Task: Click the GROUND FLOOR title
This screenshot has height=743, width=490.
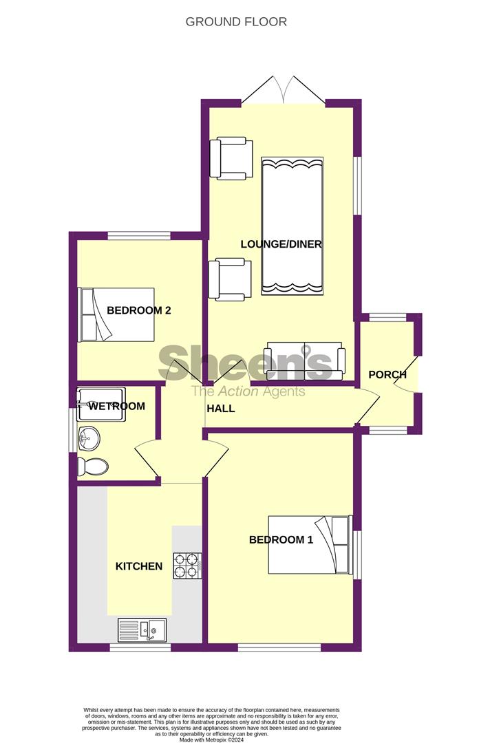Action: tap(236, 22)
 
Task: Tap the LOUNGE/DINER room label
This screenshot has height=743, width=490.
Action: tap(281, 244)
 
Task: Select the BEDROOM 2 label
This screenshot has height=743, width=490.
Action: tap(138, 310)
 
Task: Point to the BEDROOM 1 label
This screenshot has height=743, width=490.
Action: tap(281, 540)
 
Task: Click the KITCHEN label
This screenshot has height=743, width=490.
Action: tap(138, 566)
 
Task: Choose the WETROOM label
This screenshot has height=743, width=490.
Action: tap(117, 407)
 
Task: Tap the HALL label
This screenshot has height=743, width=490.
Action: tap(220, 409)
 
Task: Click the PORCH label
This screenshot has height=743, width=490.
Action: tap(387, 375)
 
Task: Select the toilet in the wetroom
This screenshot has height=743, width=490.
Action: tap(92, 467)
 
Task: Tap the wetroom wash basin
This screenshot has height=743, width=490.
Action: tap(89, 436)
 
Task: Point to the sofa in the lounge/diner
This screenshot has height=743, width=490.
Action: tap(304, 360)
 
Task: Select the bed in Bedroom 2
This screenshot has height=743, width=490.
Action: tap(116, 314)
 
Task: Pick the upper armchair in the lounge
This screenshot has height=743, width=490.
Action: tap(231, 159)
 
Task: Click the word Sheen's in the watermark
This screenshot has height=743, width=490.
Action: tap(246, 363)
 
